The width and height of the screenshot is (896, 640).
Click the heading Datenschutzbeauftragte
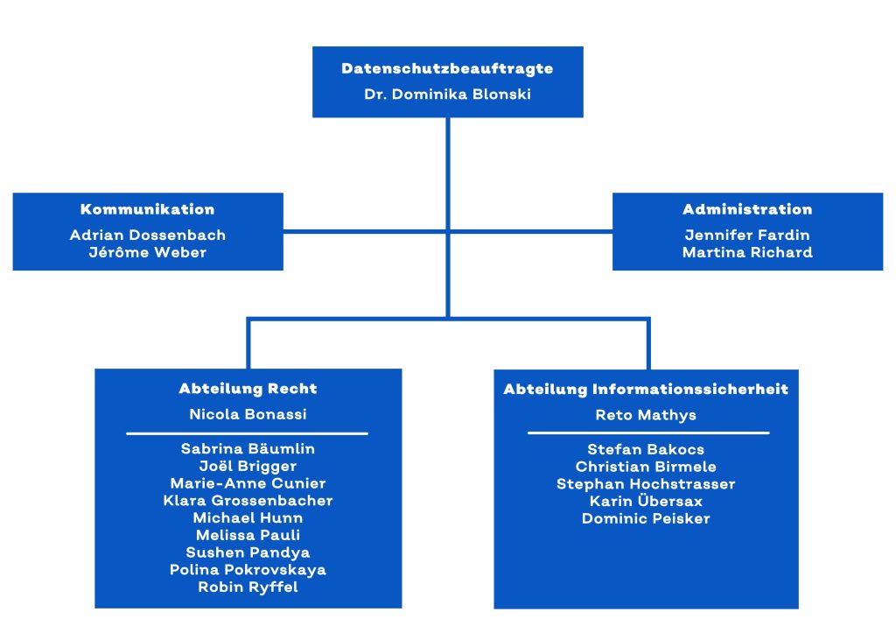(x=447, y=68)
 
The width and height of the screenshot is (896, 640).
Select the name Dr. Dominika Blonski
(x=447, y=95)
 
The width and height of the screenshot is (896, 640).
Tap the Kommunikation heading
(x=147, y=209)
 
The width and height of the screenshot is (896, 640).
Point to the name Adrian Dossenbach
(x=147, y=235)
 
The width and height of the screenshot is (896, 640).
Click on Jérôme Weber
(x=147, y=252)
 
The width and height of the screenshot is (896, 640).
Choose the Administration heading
(x=747, y=209)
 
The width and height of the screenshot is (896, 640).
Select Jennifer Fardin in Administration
(x=747, y=235)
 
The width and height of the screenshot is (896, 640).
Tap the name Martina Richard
(x=747, y=252)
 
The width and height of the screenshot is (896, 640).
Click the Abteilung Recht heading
(x=248, y=389)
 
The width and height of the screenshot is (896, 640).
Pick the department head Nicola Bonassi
(x=248, y=414)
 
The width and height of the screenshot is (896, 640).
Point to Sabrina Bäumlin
(x=248, y=449)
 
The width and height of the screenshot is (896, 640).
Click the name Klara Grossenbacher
(x=248, y=501)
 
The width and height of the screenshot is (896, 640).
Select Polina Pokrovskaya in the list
(x=248, y=570)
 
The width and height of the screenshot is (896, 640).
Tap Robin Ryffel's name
(x=248, y=587)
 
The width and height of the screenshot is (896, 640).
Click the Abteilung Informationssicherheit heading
(x=646, y=390)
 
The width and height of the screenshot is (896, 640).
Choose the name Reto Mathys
(x=646, y=415)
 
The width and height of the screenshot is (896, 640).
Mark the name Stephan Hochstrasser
(x=646, y=484)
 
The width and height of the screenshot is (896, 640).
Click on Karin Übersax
(x=646, y=501)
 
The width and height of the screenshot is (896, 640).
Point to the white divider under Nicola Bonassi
(x=247, y=433)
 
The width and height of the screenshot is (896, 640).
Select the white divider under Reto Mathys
(x=648, y=433)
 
